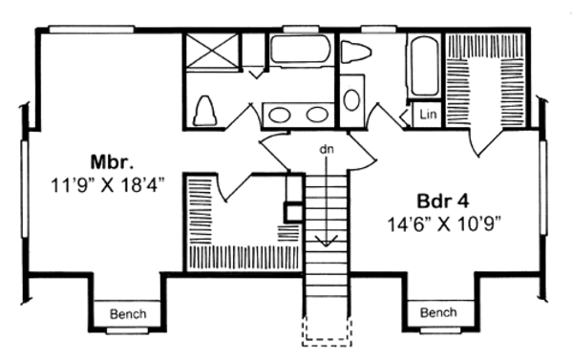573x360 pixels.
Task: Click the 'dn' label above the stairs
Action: [327, 149]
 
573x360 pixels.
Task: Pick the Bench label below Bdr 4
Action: [438, 312]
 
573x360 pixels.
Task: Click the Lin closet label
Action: [426, 115]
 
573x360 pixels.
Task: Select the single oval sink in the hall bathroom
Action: [351, 99]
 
